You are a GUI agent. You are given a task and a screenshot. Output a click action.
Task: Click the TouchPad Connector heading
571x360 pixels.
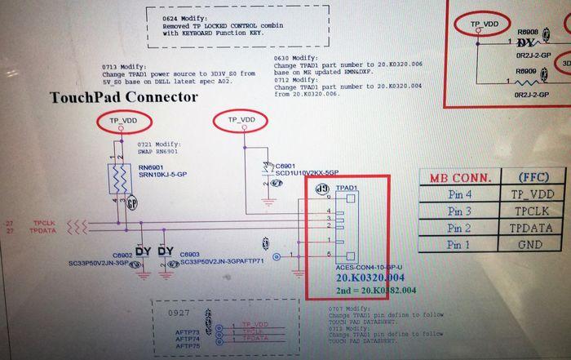point(124,97)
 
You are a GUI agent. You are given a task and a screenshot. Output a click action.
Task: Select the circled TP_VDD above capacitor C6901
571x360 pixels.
point(241,120)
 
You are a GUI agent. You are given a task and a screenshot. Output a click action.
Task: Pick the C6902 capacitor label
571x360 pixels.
point(122,255)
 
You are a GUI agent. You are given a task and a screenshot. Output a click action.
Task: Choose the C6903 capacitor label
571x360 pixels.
point(190,255)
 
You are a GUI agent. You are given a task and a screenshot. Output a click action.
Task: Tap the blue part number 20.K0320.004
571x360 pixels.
point(377,278)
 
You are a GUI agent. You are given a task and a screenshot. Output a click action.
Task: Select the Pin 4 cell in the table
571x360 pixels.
point(460,194)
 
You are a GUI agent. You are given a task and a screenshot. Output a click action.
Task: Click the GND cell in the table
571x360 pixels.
point(531,245)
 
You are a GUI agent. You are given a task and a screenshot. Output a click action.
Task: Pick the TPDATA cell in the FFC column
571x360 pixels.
point(531,228)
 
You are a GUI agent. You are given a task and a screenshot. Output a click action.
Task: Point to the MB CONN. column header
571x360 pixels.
point(460,177)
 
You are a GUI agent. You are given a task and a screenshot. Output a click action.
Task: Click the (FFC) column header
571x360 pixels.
point(531,177)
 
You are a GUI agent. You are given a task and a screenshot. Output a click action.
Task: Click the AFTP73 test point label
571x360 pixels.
point(188,333)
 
